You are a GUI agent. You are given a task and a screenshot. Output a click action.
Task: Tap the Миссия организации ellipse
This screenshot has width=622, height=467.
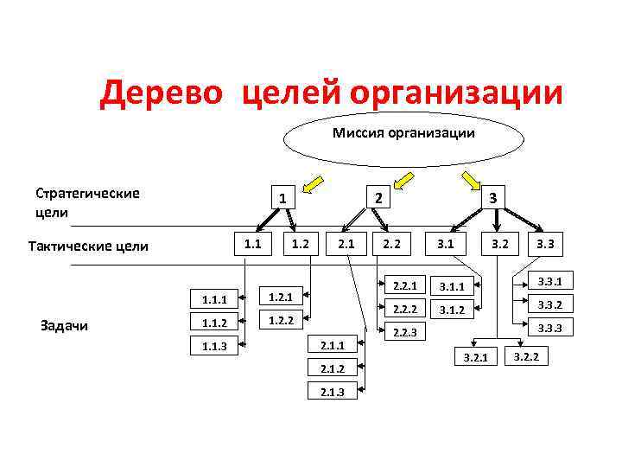(x=403, y=134)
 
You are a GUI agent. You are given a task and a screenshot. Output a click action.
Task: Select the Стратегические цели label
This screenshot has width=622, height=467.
(x=87, y=202)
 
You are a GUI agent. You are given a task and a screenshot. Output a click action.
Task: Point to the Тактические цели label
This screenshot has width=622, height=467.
(x=88, y=246)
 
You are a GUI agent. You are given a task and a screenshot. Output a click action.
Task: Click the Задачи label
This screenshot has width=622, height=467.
(x=64, y=325)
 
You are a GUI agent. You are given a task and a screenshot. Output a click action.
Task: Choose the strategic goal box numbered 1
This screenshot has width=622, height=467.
(x=282, y=198)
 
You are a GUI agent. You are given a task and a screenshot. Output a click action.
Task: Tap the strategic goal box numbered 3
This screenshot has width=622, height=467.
(x=492, y=198)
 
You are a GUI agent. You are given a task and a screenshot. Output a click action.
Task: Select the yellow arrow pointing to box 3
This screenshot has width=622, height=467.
(x=472, y=182)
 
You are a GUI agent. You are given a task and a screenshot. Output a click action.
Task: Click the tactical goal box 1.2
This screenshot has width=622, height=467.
(x=301, y=244)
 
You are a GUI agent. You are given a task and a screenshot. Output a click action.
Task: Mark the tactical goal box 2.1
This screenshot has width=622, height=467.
(x=346, y=244)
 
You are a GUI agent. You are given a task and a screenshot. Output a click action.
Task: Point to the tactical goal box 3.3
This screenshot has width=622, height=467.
(x=545, y=245)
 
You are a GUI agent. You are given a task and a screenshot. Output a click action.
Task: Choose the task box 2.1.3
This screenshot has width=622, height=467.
(x=333, y=392)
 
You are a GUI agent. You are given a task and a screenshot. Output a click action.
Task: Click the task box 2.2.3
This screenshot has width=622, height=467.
(x=405, y=332)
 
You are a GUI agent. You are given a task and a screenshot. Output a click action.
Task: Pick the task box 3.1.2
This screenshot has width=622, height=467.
(x=452, y=310)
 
